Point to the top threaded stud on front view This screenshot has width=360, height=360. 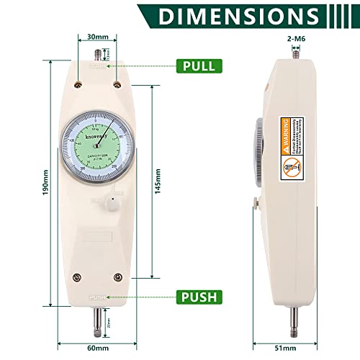click(x=97, y=53)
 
